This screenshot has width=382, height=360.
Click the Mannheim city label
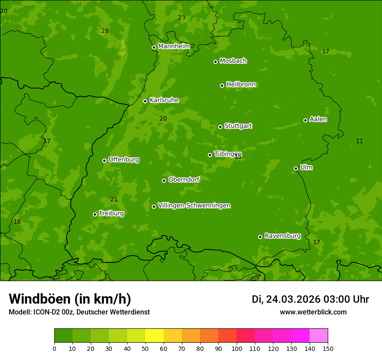(174, 46)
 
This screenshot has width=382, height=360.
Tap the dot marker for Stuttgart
(221, 127)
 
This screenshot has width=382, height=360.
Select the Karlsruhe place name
(164, 100)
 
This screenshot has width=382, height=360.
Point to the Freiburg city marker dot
(95, 214)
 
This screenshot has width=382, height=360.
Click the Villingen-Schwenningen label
(194, 206)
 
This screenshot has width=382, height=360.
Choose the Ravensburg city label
(283, 236)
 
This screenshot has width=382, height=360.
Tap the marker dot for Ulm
(296, 168)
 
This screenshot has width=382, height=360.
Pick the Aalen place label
(318, 119)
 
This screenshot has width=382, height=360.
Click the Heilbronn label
(241, 85)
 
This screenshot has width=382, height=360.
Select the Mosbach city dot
(215, 62)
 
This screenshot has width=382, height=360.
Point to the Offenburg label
(124, 160)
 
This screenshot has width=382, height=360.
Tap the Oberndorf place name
(184, 180)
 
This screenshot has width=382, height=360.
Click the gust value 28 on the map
(105, 31)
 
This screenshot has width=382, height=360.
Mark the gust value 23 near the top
(181, 18)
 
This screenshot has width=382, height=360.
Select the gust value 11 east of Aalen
(359, 141)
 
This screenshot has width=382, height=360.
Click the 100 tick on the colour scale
(237, 348)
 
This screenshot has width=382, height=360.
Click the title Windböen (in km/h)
(70, 299)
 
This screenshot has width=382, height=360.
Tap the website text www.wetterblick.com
(313, 312)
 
